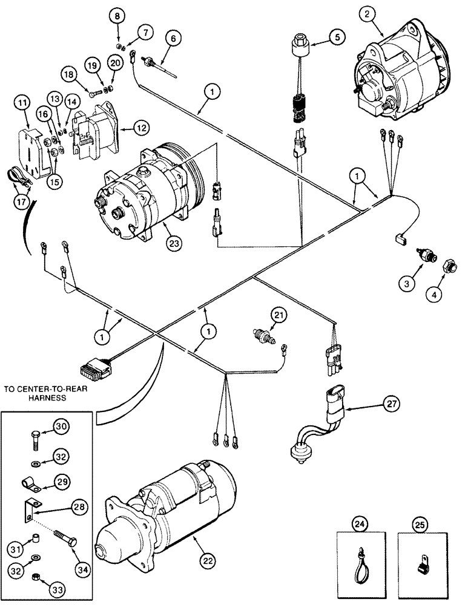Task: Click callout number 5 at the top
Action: (337, 38)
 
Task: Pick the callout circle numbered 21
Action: (277, 315)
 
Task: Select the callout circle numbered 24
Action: (360, 520)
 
